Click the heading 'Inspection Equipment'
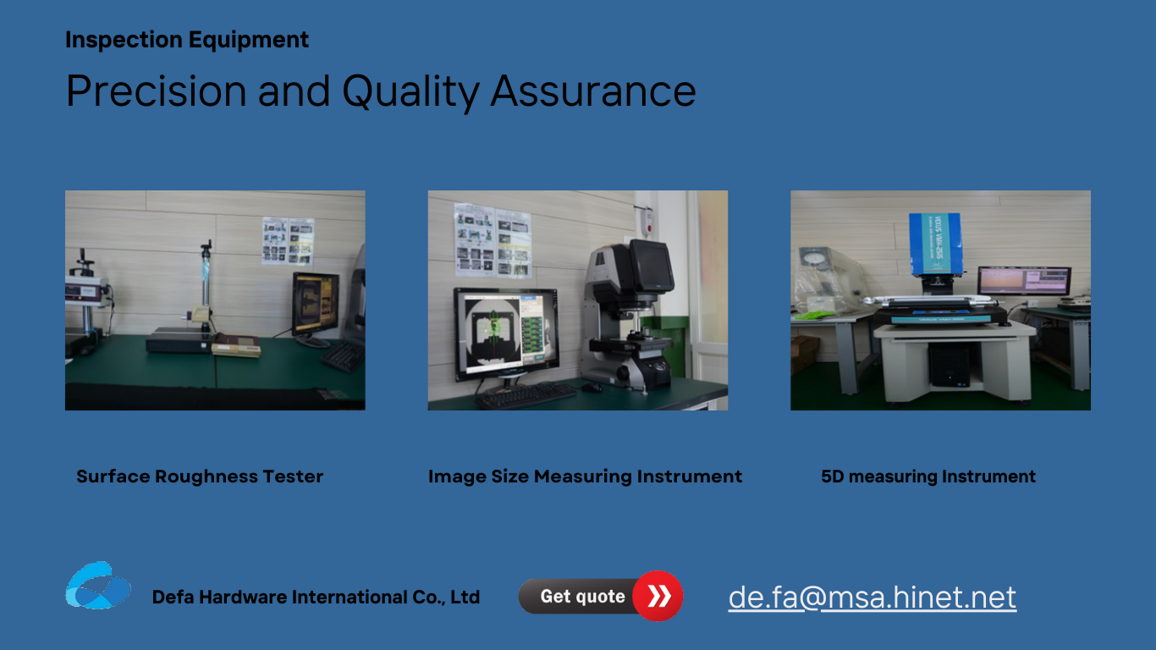[187, 40]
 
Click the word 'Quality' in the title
[410, 92]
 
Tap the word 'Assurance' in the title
[593, 91]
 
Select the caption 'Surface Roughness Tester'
[200, 476]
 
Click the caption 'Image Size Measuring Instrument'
[586, 476]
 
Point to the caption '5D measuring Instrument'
[928, 476]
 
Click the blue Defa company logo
[98, 586]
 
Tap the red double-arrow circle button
[658, 596]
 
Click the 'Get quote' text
[582, 597]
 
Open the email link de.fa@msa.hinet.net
[873, 598]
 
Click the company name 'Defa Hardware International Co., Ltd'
[316, 597]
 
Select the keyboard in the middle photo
[526, 395]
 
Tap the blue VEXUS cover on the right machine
[936, 243]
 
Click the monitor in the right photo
[1025, 281]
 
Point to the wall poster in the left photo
[288, 240]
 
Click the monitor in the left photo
[316, 305]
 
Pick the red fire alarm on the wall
[647, 219]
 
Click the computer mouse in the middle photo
[592, 387]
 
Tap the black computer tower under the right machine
[949, 365]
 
